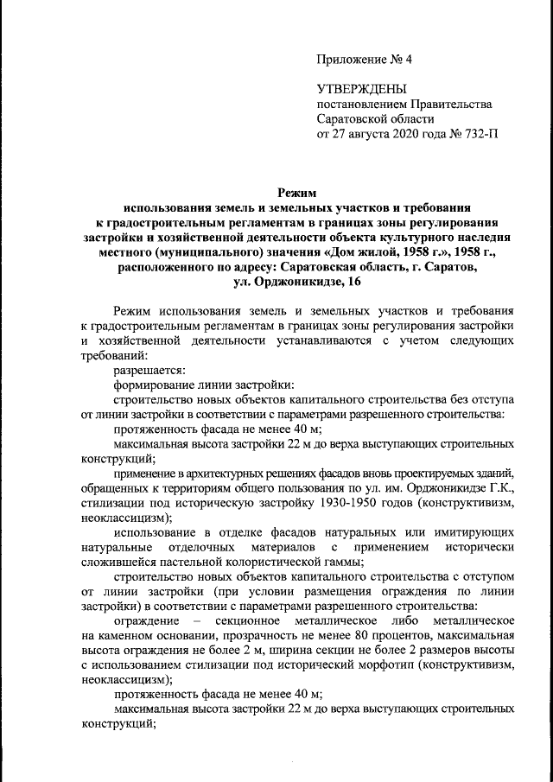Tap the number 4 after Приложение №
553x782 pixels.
[x=410, y=61]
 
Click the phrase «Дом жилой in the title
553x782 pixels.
[x=353, y=254]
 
